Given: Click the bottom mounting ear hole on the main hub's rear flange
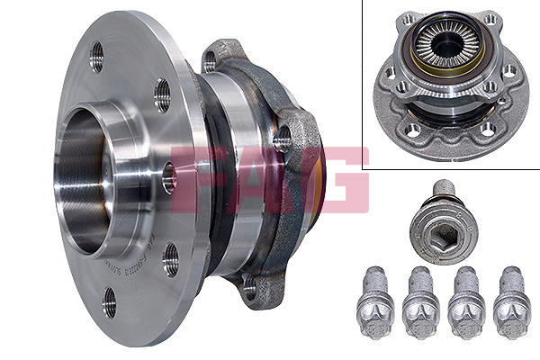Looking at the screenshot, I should coord(249,289).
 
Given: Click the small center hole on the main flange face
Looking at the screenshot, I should coord(167,179).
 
